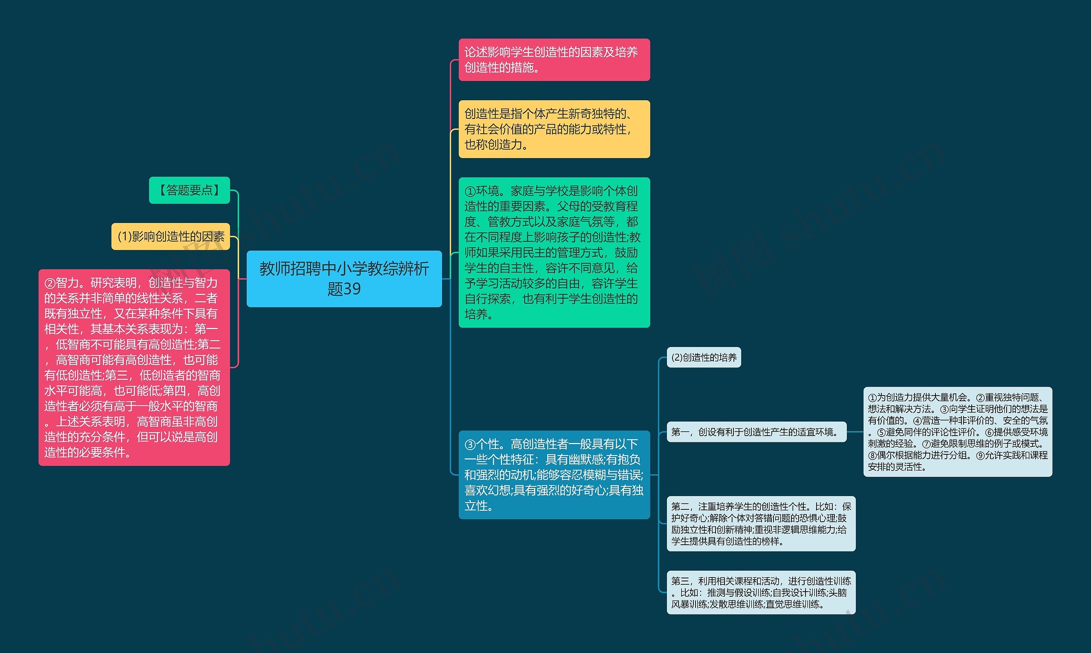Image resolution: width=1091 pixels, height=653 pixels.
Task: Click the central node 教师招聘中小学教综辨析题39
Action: [x=344, y=278]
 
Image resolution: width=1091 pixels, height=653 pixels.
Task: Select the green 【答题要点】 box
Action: [x=189, y=190]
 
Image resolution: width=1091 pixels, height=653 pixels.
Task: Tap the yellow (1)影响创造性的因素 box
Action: [x=171, y=236]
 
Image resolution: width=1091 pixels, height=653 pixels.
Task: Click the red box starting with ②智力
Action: [x=134, y=367]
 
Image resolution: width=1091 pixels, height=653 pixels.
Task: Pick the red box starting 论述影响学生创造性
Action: [x=554, y=60]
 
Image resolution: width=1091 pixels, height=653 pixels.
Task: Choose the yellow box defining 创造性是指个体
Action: [x=554, y=129]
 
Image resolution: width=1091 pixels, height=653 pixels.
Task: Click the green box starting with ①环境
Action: [x=554, y=252]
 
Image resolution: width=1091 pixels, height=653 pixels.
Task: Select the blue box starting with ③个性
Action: [x=554, y=475]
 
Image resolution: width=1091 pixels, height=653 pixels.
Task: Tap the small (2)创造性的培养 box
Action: [x=704, y=357]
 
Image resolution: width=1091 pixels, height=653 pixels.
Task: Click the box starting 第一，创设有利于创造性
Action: [x=756, y=432]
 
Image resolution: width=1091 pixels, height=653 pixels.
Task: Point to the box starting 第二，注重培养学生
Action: [x=761, y=523]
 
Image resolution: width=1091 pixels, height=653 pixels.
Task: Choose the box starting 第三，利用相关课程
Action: [x=761, y=592]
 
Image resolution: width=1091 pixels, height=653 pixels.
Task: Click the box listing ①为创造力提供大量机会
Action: [x=957, y=432]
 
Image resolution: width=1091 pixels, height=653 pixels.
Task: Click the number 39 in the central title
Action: [x=351, y=289]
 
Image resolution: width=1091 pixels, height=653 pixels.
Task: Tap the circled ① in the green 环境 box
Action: [x=470, y=191]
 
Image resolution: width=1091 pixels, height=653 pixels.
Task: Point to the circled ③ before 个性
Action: [x=470, y=445]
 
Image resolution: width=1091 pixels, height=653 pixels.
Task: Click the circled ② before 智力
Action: [x=50, y=283]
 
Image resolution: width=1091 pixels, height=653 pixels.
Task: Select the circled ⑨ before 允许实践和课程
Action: [x=980, y=455]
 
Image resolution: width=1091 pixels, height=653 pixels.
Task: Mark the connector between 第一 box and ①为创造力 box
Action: [x=855, y=432]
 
